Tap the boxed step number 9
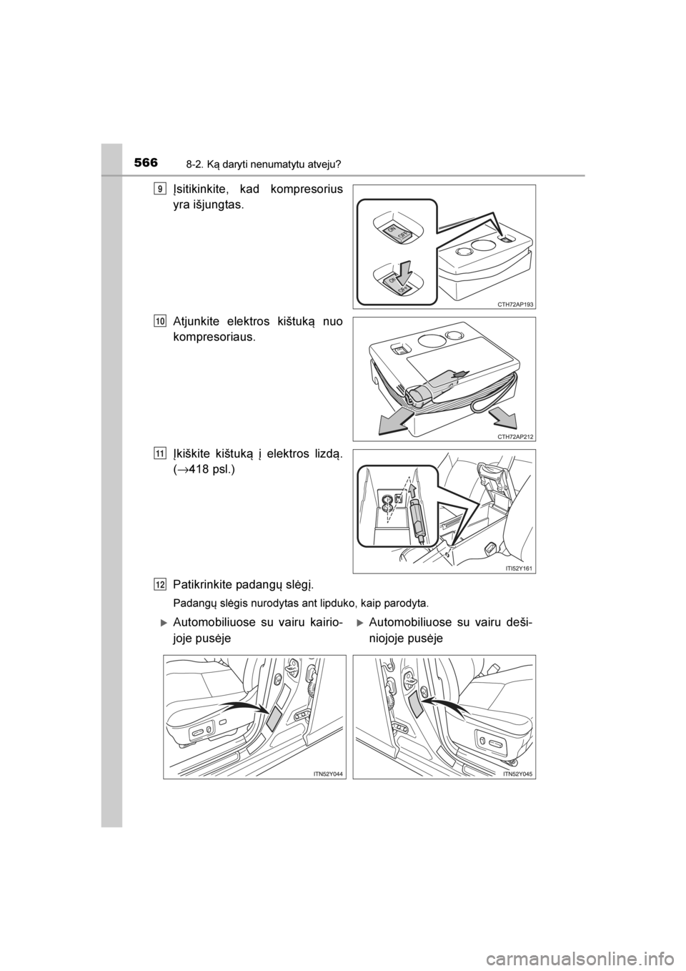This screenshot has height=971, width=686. click(160, 189)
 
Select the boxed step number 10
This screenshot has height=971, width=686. click(160, 321)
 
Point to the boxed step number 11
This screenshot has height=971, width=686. click(160, 454)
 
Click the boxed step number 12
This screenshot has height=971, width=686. click(160, 586)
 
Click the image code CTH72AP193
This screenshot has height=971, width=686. click(512, 305)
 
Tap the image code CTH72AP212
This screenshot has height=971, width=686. click(512, 437)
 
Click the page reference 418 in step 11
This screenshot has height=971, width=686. click(195, 470)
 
